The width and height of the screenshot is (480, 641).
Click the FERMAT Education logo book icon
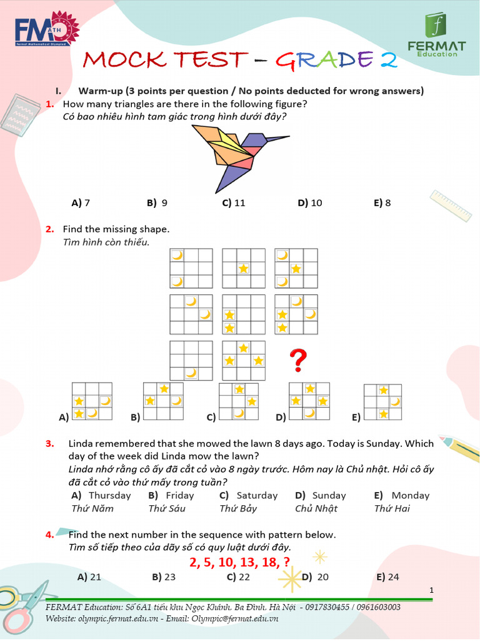click(436, 25)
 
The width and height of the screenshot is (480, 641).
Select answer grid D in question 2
click(309, 401)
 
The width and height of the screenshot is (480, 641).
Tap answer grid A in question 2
click(92, 401)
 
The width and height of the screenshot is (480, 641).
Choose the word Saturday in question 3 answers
click(257, 495)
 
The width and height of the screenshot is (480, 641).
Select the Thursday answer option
click(109, 495)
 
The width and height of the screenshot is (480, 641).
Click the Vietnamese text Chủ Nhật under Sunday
click(316, 508)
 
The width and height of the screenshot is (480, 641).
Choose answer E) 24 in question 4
click(387, 577)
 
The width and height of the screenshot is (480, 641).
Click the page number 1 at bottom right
click(431, 590)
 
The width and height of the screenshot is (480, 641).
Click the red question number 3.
click(50, 444)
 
